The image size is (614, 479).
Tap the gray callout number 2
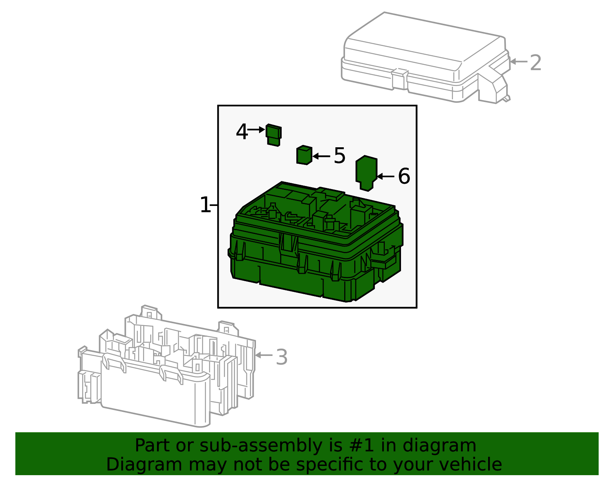(x=535, y=63)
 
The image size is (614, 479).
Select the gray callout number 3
(x=282, y=357)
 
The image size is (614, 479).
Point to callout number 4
(x=242, y=132)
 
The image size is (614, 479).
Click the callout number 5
(x=339, y=156)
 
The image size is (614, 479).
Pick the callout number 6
(x=404, y=176)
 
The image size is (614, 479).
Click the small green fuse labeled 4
(x=274, y=135)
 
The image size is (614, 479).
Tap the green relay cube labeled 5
(x=304, y=155)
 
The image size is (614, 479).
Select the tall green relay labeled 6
(x=366, y=172)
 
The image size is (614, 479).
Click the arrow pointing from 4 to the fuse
(x=256, y=130)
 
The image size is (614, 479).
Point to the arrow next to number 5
(x=322, y=156)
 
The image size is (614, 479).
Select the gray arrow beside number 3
(x=264, y=355)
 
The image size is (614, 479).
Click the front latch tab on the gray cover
(x=400, y=79)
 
